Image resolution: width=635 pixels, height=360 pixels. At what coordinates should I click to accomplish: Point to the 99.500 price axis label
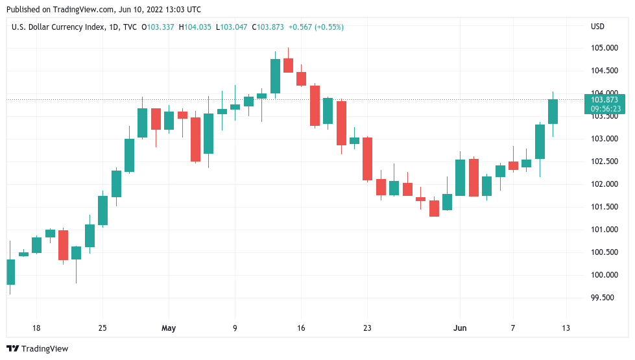[x=603, y=298]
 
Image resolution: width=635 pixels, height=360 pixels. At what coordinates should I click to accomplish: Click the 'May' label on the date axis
[x=169, y=328]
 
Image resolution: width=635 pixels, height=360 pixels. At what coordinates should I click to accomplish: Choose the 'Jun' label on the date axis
[x=459, y=328]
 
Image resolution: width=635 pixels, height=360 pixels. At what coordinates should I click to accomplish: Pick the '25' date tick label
[x=102, y=328]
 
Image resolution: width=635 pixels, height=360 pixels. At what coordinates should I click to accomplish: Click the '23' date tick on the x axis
[x=367, y=328]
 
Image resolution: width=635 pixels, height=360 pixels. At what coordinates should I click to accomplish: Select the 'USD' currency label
[x=597, y=27]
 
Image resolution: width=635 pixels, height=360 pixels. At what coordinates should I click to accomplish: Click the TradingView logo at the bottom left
[x=37, y=348]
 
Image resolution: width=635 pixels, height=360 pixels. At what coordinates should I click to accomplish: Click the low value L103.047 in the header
[x=234, y=27]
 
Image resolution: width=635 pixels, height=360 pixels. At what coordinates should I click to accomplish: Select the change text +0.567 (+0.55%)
[x=316, y=27]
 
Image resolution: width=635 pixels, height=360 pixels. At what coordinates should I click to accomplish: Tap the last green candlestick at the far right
[x=553, y=111]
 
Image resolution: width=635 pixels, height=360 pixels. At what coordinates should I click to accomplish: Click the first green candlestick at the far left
[x=10, y=272]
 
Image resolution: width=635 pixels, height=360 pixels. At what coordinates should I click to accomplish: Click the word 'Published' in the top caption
[x=23, y=10]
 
